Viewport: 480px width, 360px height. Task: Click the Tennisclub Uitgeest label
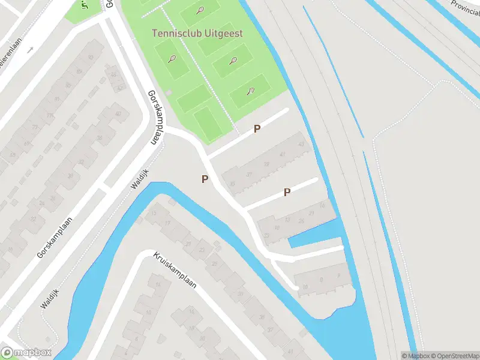coord(197,34)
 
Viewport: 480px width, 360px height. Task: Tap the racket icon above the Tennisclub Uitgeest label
coord(200,10)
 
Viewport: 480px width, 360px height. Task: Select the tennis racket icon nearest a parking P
coord(251,92)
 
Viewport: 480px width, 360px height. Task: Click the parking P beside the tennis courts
coord(257,128)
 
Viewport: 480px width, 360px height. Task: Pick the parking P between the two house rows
coord(287,192)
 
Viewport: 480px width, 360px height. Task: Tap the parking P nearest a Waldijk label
coord(205,179)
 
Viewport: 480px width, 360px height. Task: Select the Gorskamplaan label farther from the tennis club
coord(58,238)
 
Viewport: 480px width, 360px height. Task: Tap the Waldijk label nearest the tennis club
coord(139,179)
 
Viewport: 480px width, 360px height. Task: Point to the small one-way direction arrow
coord(29,49)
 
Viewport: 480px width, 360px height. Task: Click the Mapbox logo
coord(26,353)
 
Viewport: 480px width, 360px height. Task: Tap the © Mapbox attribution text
coord(416,356)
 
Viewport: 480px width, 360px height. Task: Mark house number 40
coord(118,114)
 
